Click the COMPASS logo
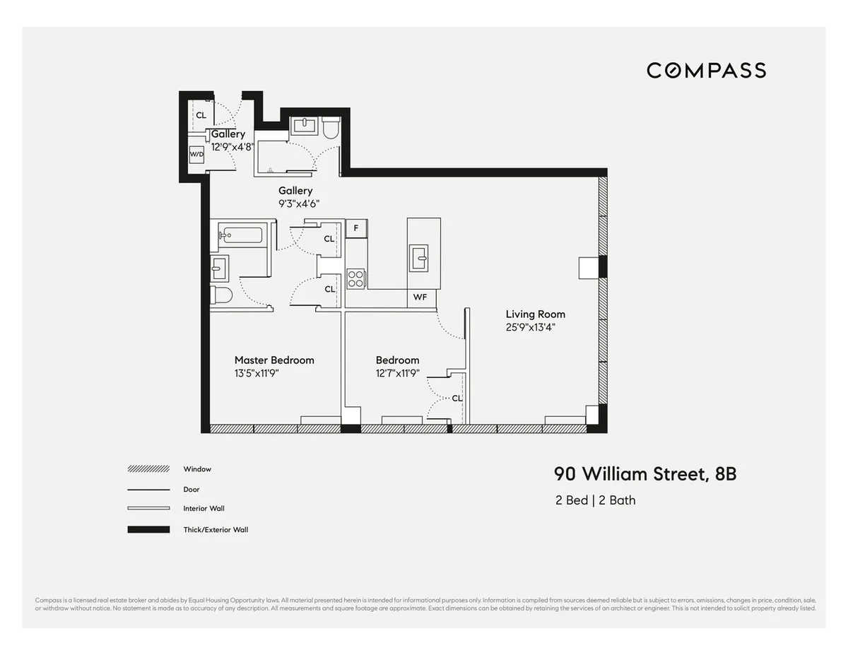tap(706, 70)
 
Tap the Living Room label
tap(535, 314)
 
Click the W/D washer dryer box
tap(196, 154)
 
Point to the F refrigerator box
tap(355, 228)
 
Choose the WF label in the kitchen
tap(420, 297)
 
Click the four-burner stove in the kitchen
tap(355, 279)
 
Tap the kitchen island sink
tap(419, 258)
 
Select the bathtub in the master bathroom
tap(240, 235)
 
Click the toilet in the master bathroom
tap(220, 295)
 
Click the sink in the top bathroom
tap(304, 126)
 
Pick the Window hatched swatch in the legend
tap(148, 469)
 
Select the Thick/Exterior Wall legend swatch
tap(148, 529)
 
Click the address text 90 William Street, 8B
tap(644, 473)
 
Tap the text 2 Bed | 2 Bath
tap(595, 500)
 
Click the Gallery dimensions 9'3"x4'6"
tap(299, 203)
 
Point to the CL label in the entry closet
tap(201, 115)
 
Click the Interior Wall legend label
tap(204, 509)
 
